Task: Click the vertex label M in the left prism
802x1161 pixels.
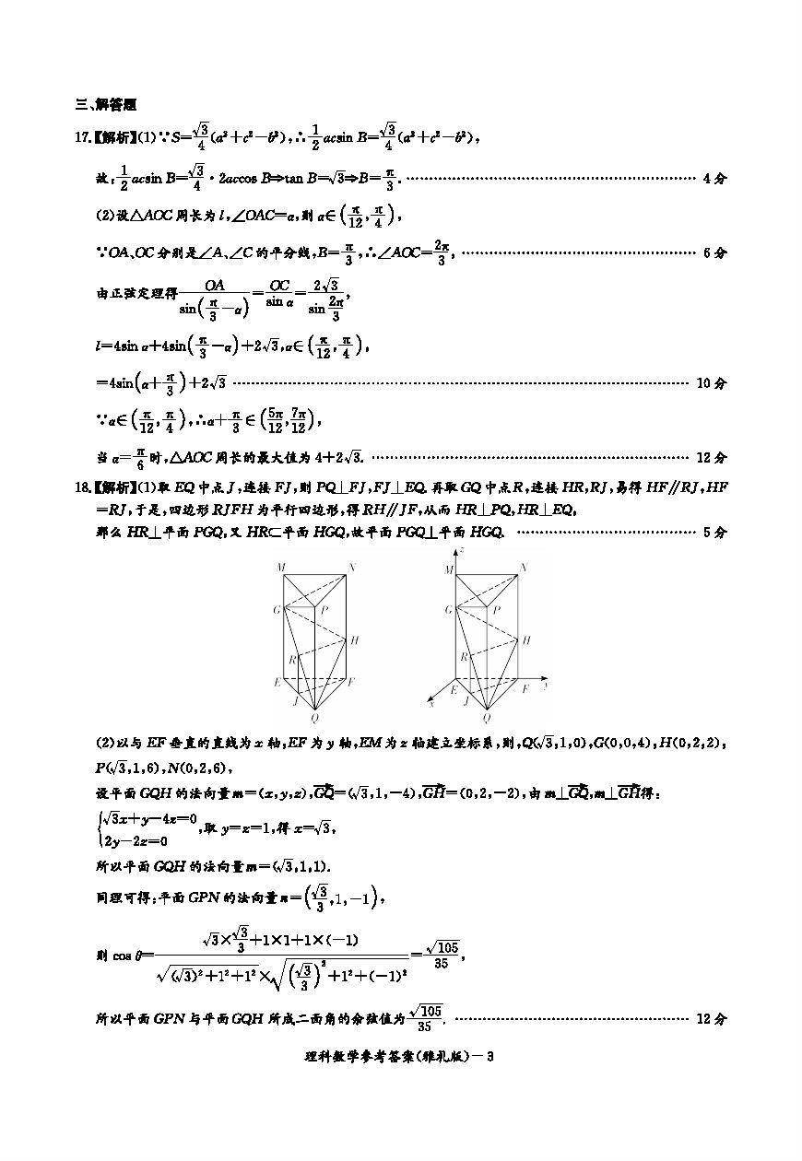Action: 280,568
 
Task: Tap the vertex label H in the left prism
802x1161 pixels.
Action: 354,639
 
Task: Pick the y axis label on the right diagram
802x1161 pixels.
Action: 547,686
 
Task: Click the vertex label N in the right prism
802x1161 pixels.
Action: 525,568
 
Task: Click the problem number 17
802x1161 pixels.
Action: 80,138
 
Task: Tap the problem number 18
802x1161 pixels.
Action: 80,487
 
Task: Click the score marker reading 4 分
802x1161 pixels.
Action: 714,178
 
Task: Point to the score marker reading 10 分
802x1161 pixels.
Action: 710,382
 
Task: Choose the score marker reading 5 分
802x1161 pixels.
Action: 714,532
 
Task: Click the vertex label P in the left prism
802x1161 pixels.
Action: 325,610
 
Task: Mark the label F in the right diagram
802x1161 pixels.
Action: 525,688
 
